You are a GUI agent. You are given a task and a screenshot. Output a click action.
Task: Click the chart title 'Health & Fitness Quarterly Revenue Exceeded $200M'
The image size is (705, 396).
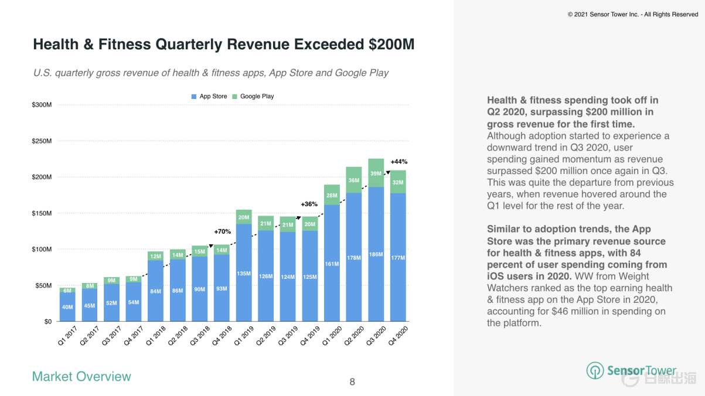pos(223,45)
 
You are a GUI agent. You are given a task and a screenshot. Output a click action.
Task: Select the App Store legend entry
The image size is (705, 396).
pos(209,96)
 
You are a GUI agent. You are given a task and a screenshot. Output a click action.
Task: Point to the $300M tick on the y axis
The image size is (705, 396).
pos(42,105)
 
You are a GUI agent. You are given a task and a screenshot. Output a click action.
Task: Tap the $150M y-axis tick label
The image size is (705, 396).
pos(42,213)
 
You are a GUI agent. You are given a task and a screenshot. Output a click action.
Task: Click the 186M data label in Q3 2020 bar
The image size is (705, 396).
pos(376,255)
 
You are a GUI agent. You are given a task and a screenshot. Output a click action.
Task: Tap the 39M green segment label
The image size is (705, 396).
pos(376,173)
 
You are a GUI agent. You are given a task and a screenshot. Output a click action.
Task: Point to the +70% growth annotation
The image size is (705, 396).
pos(222,231)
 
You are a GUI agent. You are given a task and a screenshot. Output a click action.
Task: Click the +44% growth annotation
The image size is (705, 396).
pos(399,161)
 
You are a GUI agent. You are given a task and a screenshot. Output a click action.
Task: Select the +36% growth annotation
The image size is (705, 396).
pos(309,204)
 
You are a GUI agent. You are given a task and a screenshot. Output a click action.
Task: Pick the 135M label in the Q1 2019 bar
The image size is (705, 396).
pos(244,273)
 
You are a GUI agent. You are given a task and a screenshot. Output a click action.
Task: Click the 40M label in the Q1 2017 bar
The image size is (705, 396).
pos(67,308)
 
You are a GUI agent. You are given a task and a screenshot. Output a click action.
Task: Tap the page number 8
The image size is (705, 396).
pos(352,382)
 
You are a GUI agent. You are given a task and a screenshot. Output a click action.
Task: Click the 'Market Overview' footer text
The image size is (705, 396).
pos(81,377)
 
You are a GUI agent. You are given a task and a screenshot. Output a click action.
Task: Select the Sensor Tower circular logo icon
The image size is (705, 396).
pos(595,370)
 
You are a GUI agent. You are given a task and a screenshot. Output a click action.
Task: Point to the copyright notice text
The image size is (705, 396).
pos(633,14)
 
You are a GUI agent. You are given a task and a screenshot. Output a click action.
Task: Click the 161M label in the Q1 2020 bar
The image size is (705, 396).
pos(332,264)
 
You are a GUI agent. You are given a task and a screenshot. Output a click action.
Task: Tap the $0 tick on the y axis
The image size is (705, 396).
pos(47,322)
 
